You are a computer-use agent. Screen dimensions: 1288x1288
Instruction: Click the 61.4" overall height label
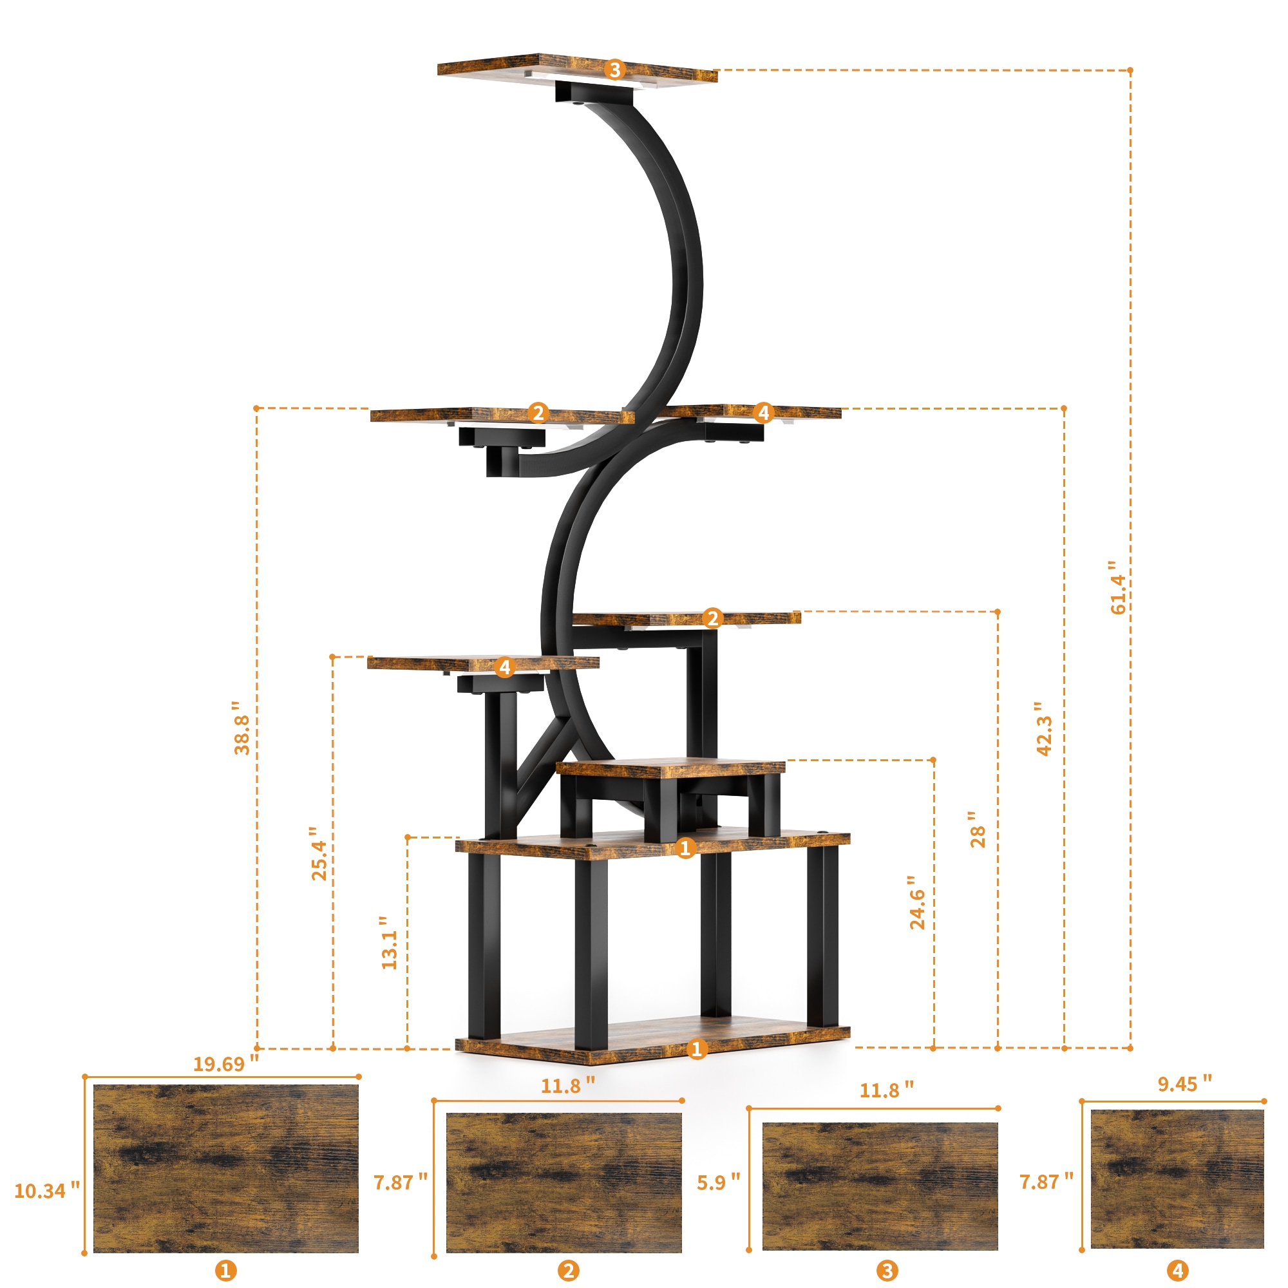[1118, 587]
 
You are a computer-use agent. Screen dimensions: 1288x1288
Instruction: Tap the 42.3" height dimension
[1045, 728]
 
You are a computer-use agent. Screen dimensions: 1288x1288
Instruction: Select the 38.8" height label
[242, 727]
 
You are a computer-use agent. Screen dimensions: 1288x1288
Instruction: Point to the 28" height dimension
[978, 829]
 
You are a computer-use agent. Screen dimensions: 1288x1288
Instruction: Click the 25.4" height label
[319, 853]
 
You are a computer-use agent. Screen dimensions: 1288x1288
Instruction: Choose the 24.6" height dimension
[918, 903]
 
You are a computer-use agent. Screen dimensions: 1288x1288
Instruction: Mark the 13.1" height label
[390, 942]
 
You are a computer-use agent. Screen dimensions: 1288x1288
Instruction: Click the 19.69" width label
[225, 1064]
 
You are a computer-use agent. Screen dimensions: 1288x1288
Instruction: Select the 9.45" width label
[1185, 1084]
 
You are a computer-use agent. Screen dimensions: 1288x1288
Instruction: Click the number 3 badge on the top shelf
[614, 70]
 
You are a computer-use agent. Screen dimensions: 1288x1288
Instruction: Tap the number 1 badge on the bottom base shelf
[697, 1048]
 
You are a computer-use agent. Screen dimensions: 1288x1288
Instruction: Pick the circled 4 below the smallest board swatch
[1177, 1270]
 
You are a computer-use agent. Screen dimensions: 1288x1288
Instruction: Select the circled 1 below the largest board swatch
[225, 1271]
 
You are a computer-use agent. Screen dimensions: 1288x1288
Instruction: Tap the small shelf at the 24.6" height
[670, 768]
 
